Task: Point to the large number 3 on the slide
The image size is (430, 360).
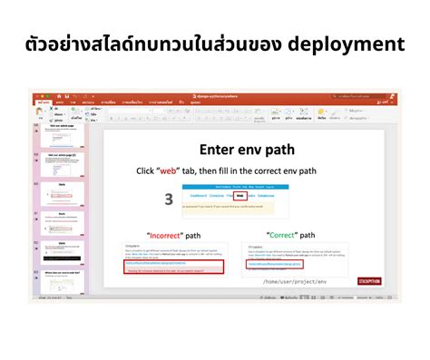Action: [x=169, y=199]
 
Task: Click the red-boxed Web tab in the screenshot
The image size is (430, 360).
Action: [x=239, y=195]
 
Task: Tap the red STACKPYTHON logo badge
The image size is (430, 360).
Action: [x=369, y=281]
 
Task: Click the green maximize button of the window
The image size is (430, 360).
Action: [x=46, y=94]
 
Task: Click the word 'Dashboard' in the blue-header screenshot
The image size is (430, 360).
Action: [x=201, y=195]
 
